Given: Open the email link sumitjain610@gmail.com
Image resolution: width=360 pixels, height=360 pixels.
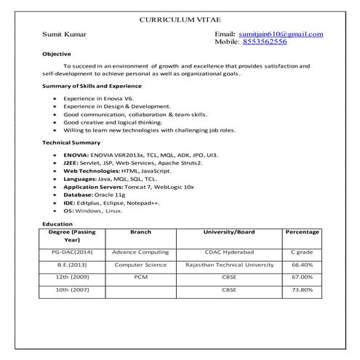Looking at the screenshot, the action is pyautogui.click(x=279, y=34).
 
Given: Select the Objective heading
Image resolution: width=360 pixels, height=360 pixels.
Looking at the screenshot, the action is pyautogui.click(x=57, y=54).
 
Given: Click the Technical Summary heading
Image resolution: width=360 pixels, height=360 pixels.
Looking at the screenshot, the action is pyautogui.click(x=71, y=143).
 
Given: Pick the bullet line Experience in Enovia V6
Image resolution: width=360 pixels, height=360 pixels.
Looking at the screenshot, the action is pyautogui.click(x=98, y=97).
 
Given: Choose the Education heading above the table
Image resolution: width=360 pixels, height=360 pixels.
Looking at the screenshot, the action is pyautogui.click(x=57, y=224).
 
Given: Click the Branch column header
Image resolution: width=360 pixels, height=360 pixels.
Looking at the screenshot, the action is pyautogui.click(x=140, y=232).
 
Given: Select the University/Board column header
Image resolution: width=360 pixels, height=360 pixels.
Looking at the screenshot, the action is pyautogui.click(x=228, y=232).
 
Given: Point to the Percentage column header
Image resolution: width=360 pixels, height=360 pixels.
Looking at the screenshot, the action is pyautogui.click(x=302, y=232).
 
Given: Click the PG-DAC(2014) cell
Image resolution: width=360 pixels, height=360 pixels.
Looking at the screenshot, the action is pyautogui.click(x=72, y=252).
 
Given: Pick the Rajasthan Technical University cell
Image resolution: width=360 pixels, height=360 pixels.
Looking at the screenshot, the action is pyautogui.click(x=228, y=265).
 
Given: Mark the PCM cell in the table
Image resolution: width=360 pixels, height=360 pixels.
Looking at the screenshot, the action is pyautogui.click(x=140, y=277).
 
